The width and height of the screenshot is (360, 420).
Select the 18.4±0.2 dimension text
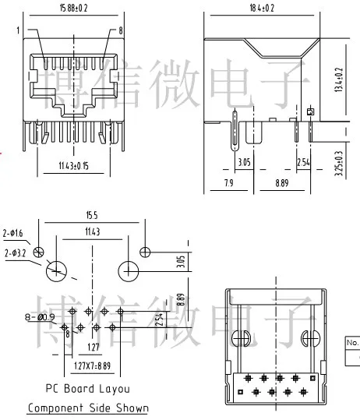pyautogui.click(x=263, y=9)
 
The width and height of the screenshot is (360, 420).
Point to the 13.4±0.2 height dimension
pyautogui.click(x=337, y=79)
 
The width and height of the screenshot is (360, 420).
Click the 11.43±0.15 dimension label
pyautogui.click(x=75, y=165)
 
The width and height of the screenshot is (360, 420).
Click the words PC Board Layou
pyautogui.click(x=87, y=388)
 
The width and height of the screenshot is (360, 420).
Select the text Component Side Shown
pyautogui.click(x=87, y=408)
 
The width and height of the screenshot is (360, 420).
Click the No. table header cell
pyautogui.click(x=352, y=341)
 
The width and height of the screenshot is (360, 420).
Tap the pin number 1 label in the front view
pyautogui.click(x=15, y=30)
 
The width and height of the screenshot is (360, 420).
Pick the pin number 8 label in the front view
pyautogui.click(x=121, y=30)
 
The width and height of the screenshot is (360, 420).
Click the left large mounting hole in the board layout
pyautogui.click(x=57, y=272)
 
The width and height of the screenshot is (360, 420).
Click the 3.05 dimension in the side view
pyautogui.click(x=244, y=162)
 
